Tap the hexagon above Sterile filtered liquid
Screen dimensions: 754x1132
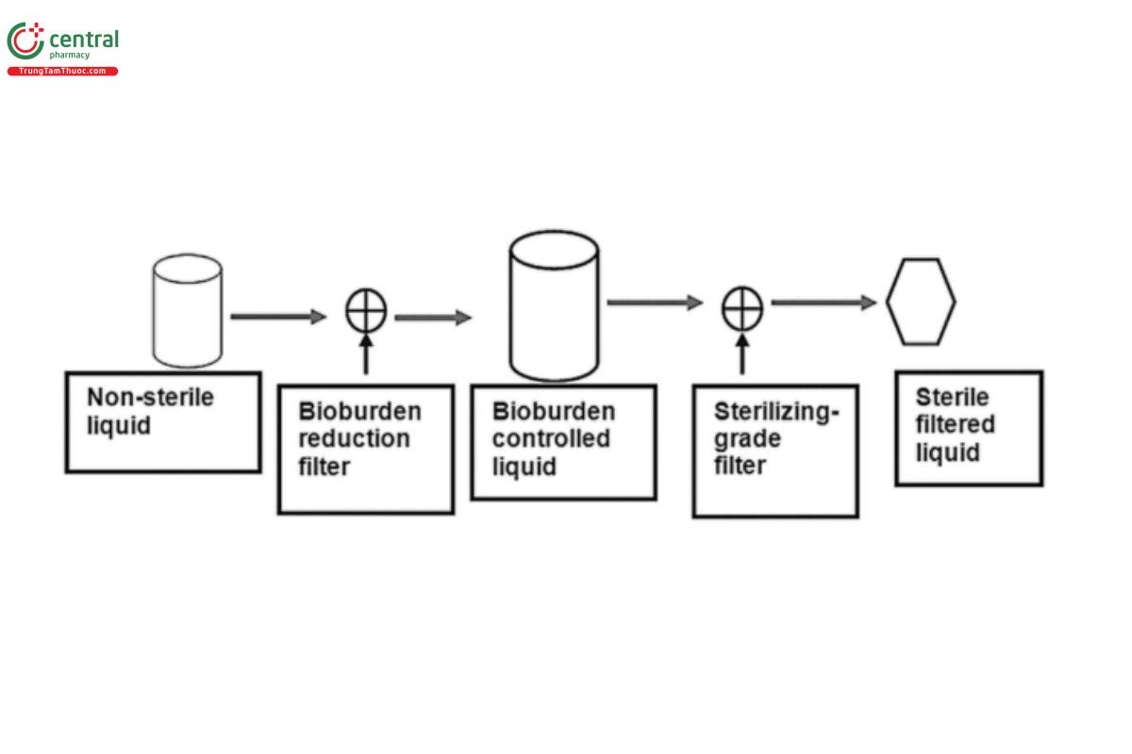pos(921,302)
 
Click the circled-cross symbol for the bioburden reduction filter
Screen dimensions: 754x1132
pos(366,311)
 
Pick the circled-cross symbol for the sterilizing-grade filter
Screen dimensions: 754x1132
pos(742,308)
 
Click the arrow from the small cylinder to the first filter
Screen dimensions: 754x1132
pos(277,317)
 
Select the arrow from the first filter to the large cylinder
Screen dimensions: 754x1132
pos(432,318)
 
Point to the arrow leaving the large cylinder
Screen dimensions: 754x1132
pos(655,303)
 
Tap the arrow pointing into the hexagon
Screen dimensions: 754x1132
pos(824,303)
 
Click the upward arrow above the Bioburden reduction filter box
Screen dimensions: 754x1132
pos(366,355)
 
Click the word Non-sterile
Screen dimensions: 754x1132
pos(150,397)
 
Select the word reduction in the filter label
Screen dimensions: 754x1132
pos(354,439)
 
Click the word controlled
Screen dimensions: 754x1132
pos(551,438)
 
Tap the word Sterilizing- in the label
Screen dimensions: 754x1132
pos(775,412)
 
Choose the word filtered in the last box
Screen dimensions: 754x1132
pos(955,424)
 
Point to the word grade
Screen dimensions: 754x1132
pos(747,439)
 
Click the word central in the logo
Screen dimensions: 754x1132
pos(83,40)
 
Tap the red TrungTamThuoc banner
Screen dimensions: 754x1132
pos(62,72)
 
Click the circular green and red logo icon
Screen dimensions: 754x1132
pos(25,41)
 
